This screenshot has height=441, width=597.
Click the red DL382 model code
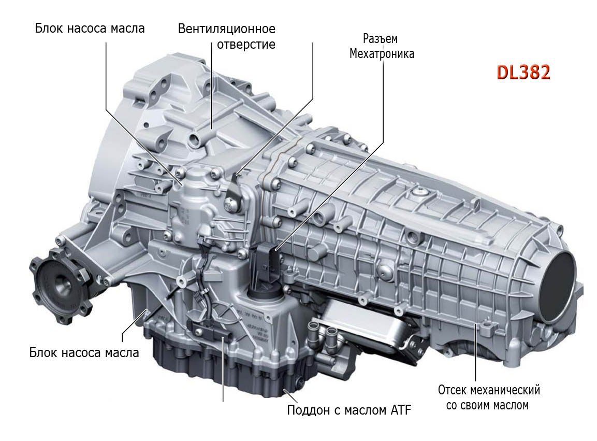[523, 72]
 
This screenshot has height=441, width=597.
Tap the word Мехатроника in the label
[382, 54]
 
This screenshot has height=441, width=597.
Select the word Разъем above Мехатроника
[381, 39]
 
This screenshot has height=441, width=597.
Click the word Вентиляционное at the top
[227, 29]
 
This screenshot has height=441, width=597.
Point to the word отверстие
[246, 44]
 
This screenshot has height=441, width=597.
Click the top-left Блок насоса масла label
[90, 28]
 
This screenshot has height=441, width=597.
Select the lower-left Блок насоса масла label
[84, 352]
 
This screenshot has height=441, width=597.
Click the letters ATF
[401, 410]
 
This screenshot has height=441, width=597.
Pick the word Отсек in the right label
[453, 390]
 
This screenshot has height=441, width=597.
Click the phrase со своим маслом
[488, 405]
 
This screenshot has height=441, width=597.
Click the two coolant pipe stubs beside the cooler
[322, 332]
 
